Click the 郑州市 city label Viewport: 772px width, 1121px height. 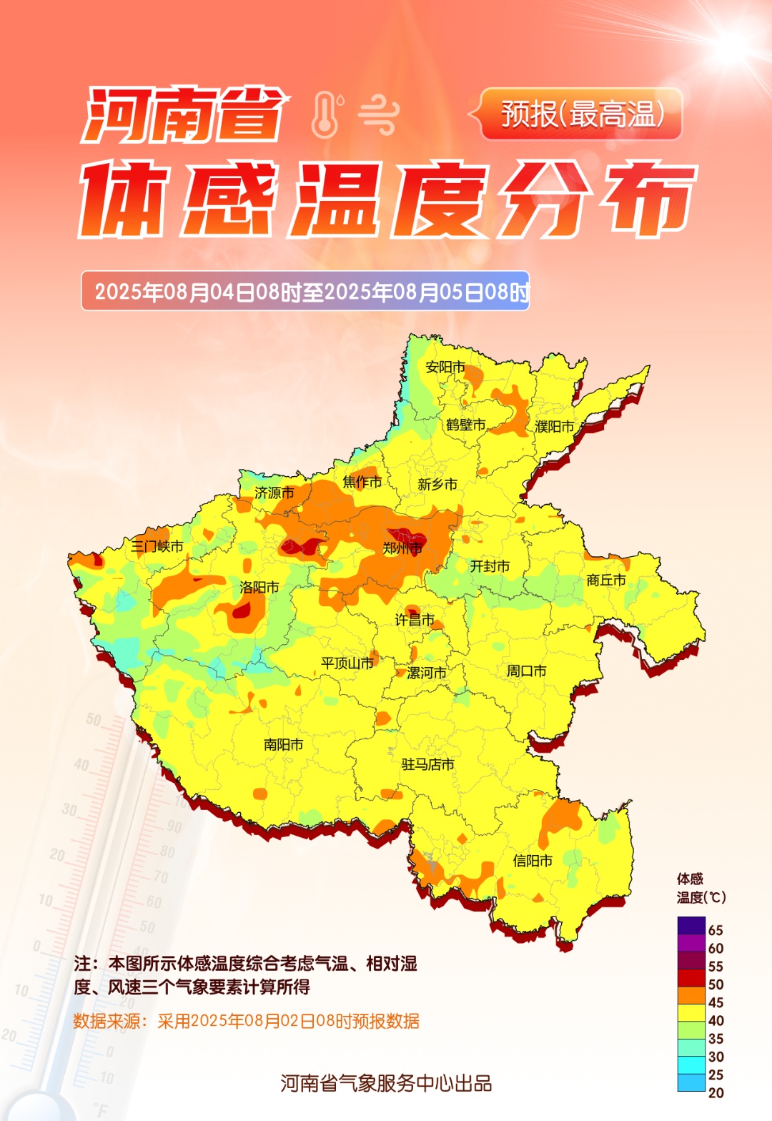pos(402,548)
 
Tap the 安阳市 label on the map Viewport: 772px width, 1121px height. pos(445,367)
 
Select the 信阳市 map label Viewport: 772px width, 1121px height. pos(533,861)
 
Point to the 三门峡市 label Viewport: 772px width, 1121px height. pos(157,546)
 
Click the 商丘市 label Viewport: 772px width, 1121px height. pos(606,580)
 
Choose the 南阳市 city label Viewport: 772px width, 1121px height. pos(283,744)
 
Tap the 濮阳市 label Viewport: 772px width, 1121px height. pos(555,426)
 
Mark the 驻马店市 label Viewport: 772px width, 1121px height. pos(427,764)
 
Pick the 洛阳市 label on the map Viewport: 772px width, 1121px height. pos(259,587)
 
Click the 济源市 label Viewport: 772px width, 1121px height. pos(274,493)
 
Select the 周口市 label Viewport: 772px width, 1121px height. pos(527,671)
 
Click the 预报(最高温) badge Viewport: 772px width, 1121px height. pos(581,114)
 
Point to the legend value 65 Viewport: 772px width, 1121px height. pos(716,930)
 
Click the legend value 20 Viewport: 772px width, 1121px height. pos(716,1092)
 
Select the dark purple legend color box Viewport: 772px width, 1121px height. pos(691,926)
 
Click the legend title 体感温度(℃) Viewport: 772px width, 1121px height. pos(700,888)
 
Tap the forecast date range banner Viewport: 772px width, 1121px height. pos(305,291)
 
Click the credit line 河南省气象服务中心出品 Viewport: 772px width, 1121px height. pos(386,1083)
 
